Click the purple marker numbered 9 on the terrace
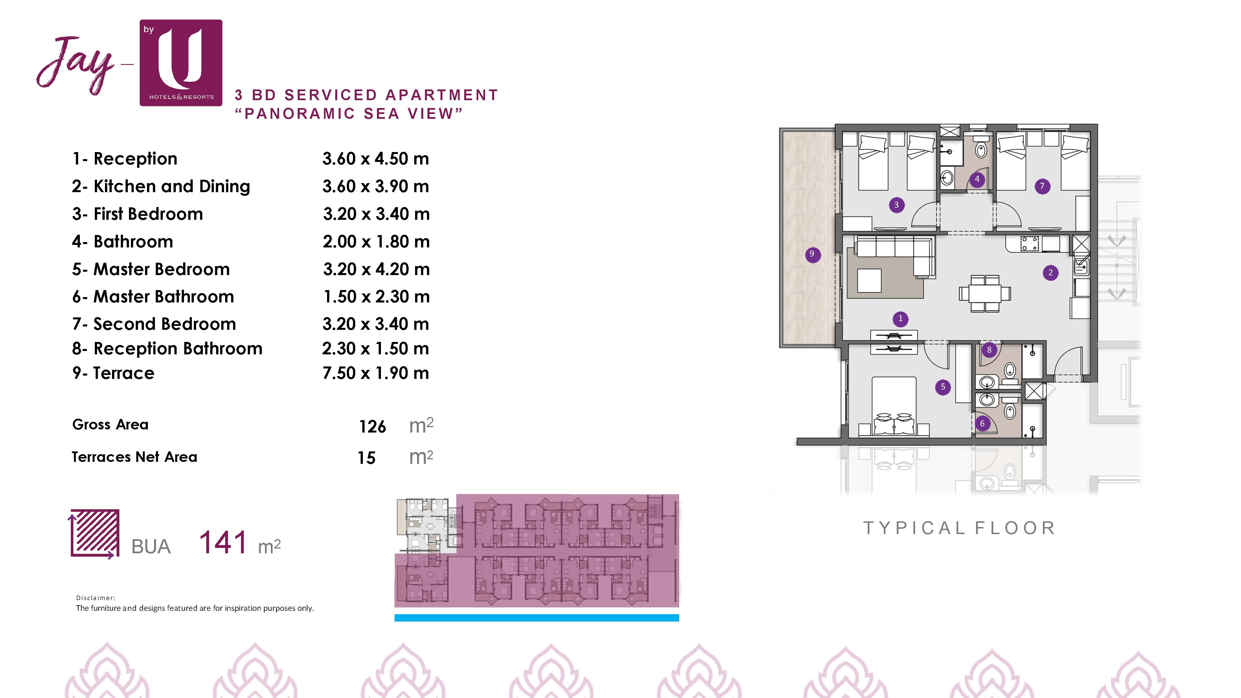pyautogui.click(x=812, y=254)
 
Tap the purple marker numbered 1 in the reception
pyautogui.click(x=900, y=319)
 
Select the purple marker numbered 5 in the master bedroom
pyautogui.click(x=943, y=386)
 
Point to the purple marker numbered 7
pyautogui.click(x=1042, y=186)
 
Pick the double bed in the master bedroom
pyautogui.click(x=894, y=406)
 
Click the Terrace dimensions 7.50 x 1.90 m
pyautogui.click(x=376, y=373)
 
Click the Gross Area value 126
pyautogui.click(x=372, y=426)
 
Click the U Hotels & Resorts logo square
pyautogui.click(x=181, y=63)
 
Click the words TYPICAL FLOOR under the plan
pyautogui.click(x=959, y=528)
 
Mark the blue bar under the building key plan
pyautogui.click(x=537, y=618)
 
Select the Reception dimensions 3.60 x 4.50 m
pyautogui.click(x=376, y=159)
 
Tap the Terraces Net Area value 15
pyautogui.click(x=366, y=458)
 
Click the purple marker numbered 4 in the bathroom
pyautogui.click(x=977, y=179)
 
